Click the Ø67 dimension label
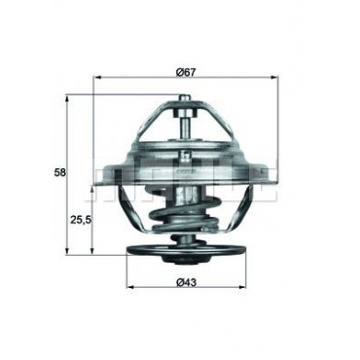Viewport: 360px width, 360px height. [x=186, y=72]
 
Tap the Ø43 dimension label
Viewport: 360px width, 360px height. [x=186, y=282]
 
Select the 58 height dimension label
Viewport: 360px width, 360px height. [x=60, y=172]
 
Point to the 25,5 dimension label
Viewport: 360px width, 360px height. [x=81, y=220]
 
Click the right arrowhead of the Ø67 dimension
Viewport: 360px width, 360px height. [x=275, y=78]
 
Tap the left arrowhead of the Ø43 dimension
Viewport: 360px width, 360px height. [x=129, y=287]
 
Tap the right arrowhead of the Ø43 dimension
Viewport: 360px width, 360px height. [x=242, y=287]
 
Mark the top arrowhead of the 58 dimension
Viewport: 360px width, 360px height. [x=67, y=97]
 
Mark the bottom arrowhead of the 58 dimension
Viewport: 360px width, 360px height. [x=67, y=250]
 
